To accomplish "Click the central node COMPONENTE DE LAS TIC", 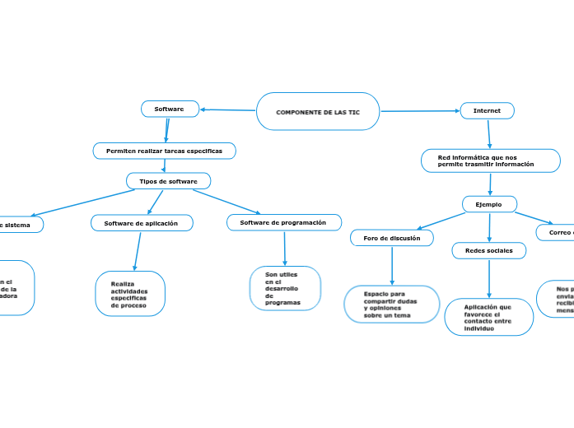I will [318, 111].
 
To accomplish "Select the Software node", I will [170, 109].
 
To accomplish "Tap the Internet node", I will [487, 110].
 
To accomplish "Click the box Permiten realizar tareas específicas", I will [165, 151].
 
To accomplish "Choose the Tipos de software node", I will [169, 181].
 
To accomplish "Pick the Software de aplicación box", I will [142, 223].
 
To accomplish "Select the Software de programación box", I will [283, 222].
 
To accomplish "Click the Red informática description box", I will [490, 160].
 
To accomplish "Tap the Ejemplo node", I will [489, 204].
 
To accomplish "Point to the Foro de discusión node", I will [392, 238].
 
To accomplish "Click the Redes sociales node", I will [488, 250].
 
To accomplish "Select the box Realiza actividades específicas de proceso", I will [130, 294].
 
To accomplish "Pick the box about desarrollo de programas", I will [284, 288].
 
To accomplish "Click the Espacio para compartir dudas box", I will [391, 305].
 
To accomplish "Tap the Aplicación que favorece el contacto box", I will [488, 317].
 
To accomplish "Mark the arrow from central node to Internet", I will [420, 110].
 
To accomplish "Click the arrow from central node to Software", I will [228, 109].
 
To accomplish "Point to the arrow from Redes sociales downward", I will [489, 278].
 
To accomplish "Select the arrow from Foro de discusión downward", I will [392, 265].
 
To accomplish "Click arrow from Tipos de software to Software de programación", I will [226, 202].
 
